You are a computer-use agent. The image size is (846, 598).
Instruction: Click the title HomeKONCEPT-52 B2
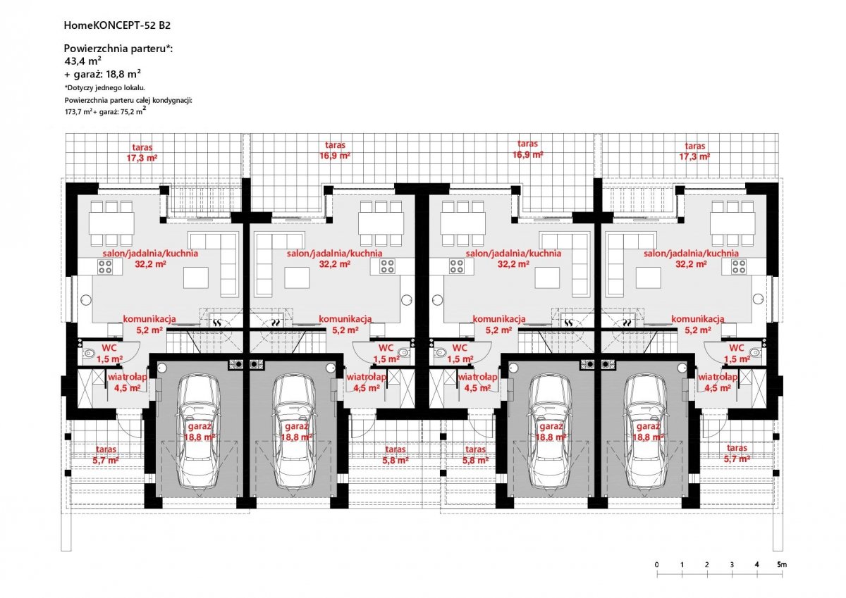117,25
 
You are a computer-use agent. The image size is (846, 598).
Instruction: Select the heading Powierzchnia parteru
115,49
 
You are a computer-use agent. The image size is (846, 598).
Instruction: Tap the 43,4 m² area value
83,61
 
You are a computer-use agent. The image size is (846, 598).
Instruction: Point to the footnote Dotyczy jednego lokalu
105,88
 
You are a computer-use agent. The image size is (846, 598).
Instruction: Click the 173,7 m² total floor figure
78,112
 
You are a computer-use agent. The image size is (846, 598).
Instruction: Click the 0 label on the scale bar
657,564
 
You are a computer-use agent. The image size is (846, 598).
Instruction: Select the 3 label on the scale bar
732,564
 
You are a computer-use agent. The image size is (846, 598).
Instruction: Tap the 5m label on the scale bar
782,564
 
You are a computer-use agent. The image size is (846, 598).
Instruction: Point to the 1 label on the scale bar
682,564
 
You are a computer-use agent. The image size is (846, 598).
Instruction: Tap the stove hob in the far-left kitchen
105,266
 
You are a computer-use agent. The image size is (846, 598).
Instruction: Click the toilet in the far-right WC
754,352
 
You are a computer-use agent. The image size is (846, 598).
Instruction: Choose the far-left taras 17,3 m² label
142,152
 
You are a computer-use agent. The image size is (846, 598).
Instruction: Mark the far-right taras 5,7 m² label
737,454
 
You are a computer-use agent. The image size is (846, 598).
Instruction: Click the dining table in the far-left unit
112,223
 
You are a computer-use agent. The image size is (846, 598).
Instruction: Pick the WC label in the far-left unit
109,348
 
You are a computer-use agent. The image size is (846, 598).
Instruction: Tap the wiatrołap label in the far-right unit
718,377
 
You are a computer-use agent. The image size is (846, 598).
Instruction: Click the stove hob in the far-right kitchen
739,266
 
